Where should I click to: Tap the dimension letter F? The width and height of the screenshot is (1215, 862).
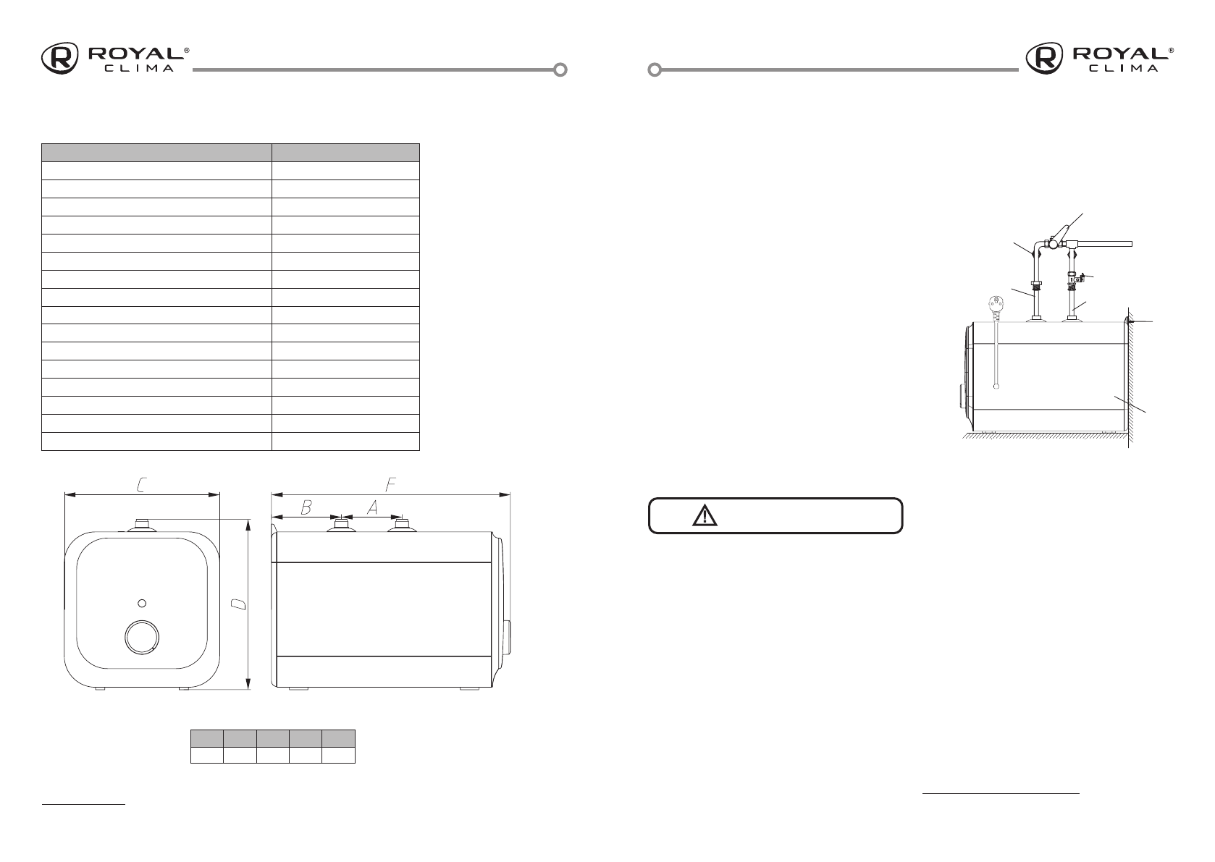point(390,485)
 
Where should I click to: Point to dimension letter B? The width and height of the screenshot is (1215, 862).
point(306,508)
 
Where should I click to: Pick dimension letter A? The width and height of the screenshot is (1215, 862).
point(371,508)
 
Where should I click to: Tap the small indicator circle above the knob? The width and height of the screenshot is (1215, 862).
point(142,602)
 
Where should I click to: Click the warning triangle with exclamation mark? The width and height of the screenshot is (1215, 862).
point(703,515)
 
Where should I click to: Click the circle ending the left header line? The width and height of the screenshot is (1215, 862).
point(560,70)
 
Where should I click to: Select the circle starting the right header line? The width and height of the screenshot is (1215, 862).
point(655,70)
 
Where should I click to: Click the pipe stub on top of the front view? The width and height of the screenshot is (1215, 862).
point(142,524)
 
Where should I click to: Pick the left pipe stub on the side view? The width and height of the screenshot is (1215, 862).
point(340,525)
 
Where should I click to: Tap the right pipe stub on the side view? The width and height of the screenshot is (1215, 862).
point(402,525)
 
